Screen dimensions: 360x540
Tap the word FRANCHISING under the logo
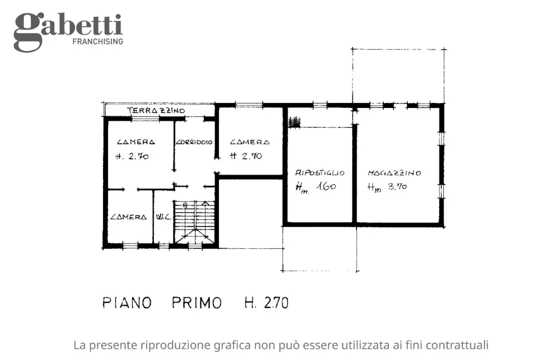97,41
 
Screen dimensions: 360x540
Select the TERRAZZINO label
156,110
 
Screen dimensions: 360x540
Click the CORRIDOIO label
194,142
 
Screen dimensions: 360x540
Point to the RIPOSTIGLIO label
320,173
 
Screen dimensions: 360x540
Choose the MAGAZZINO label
394,173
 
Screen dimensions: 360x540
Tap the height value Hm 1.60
315,188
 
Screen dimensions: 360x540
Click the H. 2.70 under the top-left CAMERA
132,156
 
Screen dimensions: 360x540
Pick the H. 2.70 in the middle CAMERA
246,156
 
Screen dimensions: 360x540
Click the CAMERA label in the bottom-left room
128,217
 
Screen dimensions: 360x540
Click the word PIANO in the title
127,303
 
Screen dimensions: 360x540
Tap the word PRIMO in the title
197,303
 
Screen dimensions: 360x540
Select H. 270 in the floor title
266,303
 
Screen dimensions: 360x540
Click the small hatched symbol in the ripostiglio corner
295,121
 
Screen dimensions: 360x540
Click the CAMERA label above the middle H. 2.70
249,142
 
